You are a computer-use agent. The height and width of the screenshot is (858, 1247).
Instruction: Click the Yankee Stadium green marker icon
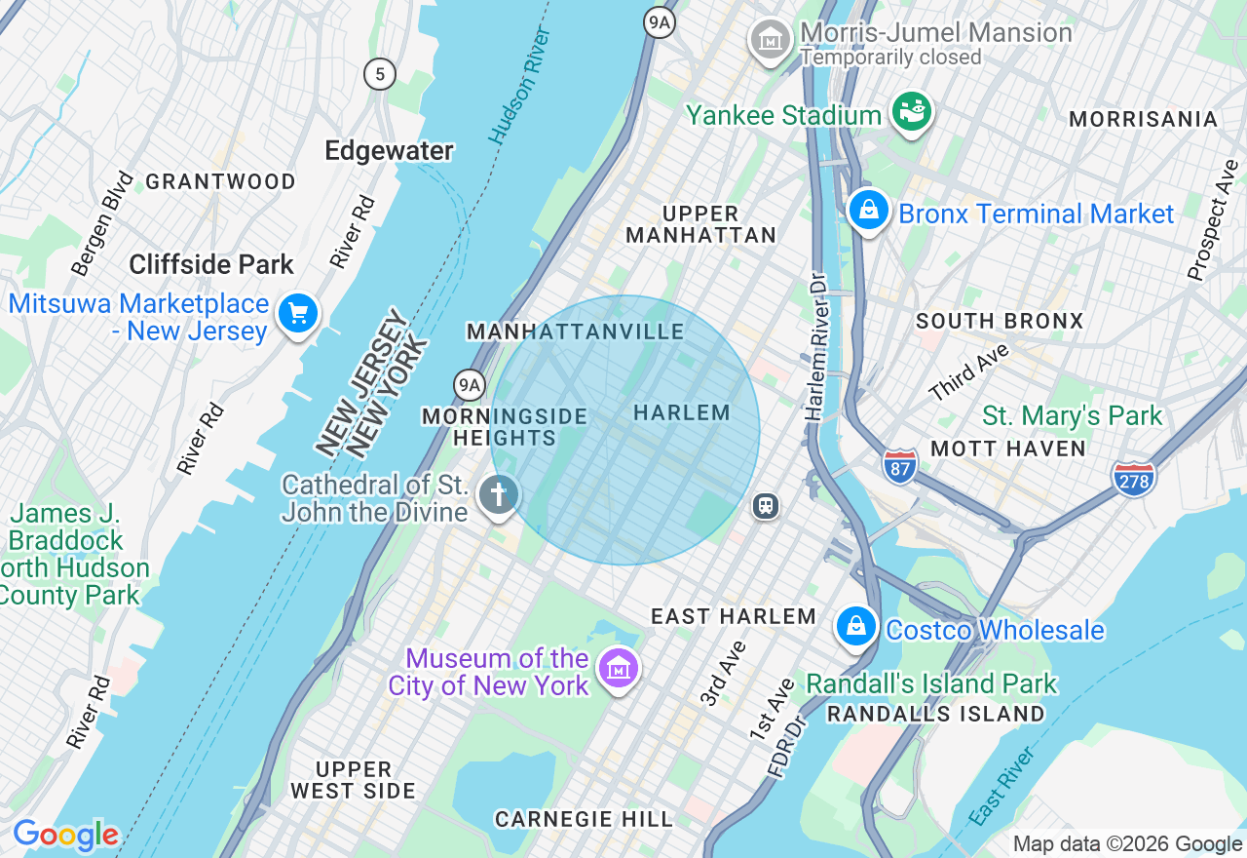click(x=914, y=112)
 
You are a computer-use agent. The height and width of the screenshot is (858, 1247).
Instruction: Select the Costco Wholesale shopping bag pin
click(x=855, y=626)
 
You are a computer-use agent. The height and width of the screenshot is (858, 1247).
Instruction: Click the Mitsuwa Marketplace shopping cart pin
click(x=298, y=314)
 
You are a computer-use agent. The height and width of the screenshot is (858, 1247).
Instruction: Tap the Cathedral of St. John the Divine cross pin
click(x=498, y=495)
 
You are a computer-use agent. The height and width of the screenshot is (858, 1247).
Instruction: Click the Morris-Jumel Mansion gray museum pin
click(x=771, y=40)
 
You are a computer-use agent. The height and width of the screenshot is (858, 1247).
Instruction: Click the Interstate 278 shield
click(x=1133, y=478)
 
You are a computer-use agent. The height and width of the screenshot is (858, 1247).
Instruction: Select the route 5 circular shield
click(x=380, y=73)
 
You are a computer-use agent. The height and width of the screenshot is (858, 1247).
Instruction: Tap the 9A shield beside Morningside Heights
click(x=470, y=385)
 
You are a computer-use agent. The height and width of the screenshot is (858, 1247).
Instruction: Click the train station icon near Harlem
click(x=766, y=506)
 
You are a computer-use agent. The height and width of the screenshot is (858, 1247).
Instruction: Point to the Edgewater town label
click(x=389, y=151)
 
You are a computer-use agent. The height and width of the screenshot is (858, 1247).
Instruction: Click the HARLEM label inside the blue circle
click(x=681, y=413)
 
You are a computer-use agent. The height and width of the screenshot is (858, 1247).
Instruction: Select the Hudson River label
click(x=520, y=86)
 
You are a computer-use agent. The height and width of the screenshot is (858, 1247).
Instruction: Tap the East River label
click(x=1002, y=785)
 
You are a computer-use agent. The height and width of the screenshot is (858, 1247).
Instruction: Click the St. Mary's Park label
click(x=1072, y=416)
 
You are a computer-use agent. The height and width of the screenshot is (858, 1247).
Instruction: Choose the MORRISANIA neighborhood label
click(x=1143, y=119)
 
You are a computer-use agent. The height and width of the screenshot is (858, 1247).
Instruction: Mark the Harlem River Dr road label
click(x=815, y=347)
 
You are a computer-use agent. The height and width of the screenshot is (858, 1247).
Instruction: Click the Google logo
click(x=65, y=835)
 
